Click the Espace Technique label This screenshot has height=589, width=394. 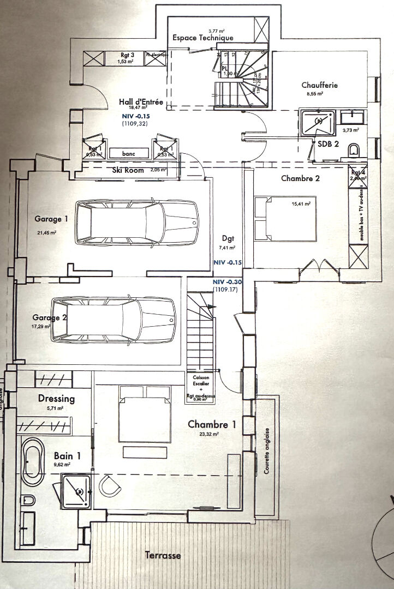202,38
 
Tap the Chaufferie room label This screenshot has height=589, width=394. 320,85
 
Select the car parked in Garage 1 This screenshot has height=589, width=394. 137,222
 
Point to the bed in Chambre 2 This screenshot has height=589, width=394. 285,219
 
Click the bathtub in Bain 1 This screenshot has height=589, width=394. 33,463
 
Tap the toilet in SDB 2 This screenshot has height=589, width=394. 354,149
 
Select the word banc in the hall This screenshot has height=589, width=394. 129,153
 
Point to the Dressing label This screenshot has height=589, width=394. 56,399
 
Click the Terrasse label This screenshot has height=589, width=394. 163,556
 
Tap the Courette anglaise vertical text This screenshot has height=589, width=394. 266,458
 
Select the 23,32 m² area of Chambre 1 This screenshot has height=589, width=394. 210,435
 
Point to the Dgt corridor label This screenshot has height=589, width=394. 228,238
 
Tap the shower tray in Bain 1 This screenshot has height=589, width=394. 75,491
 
